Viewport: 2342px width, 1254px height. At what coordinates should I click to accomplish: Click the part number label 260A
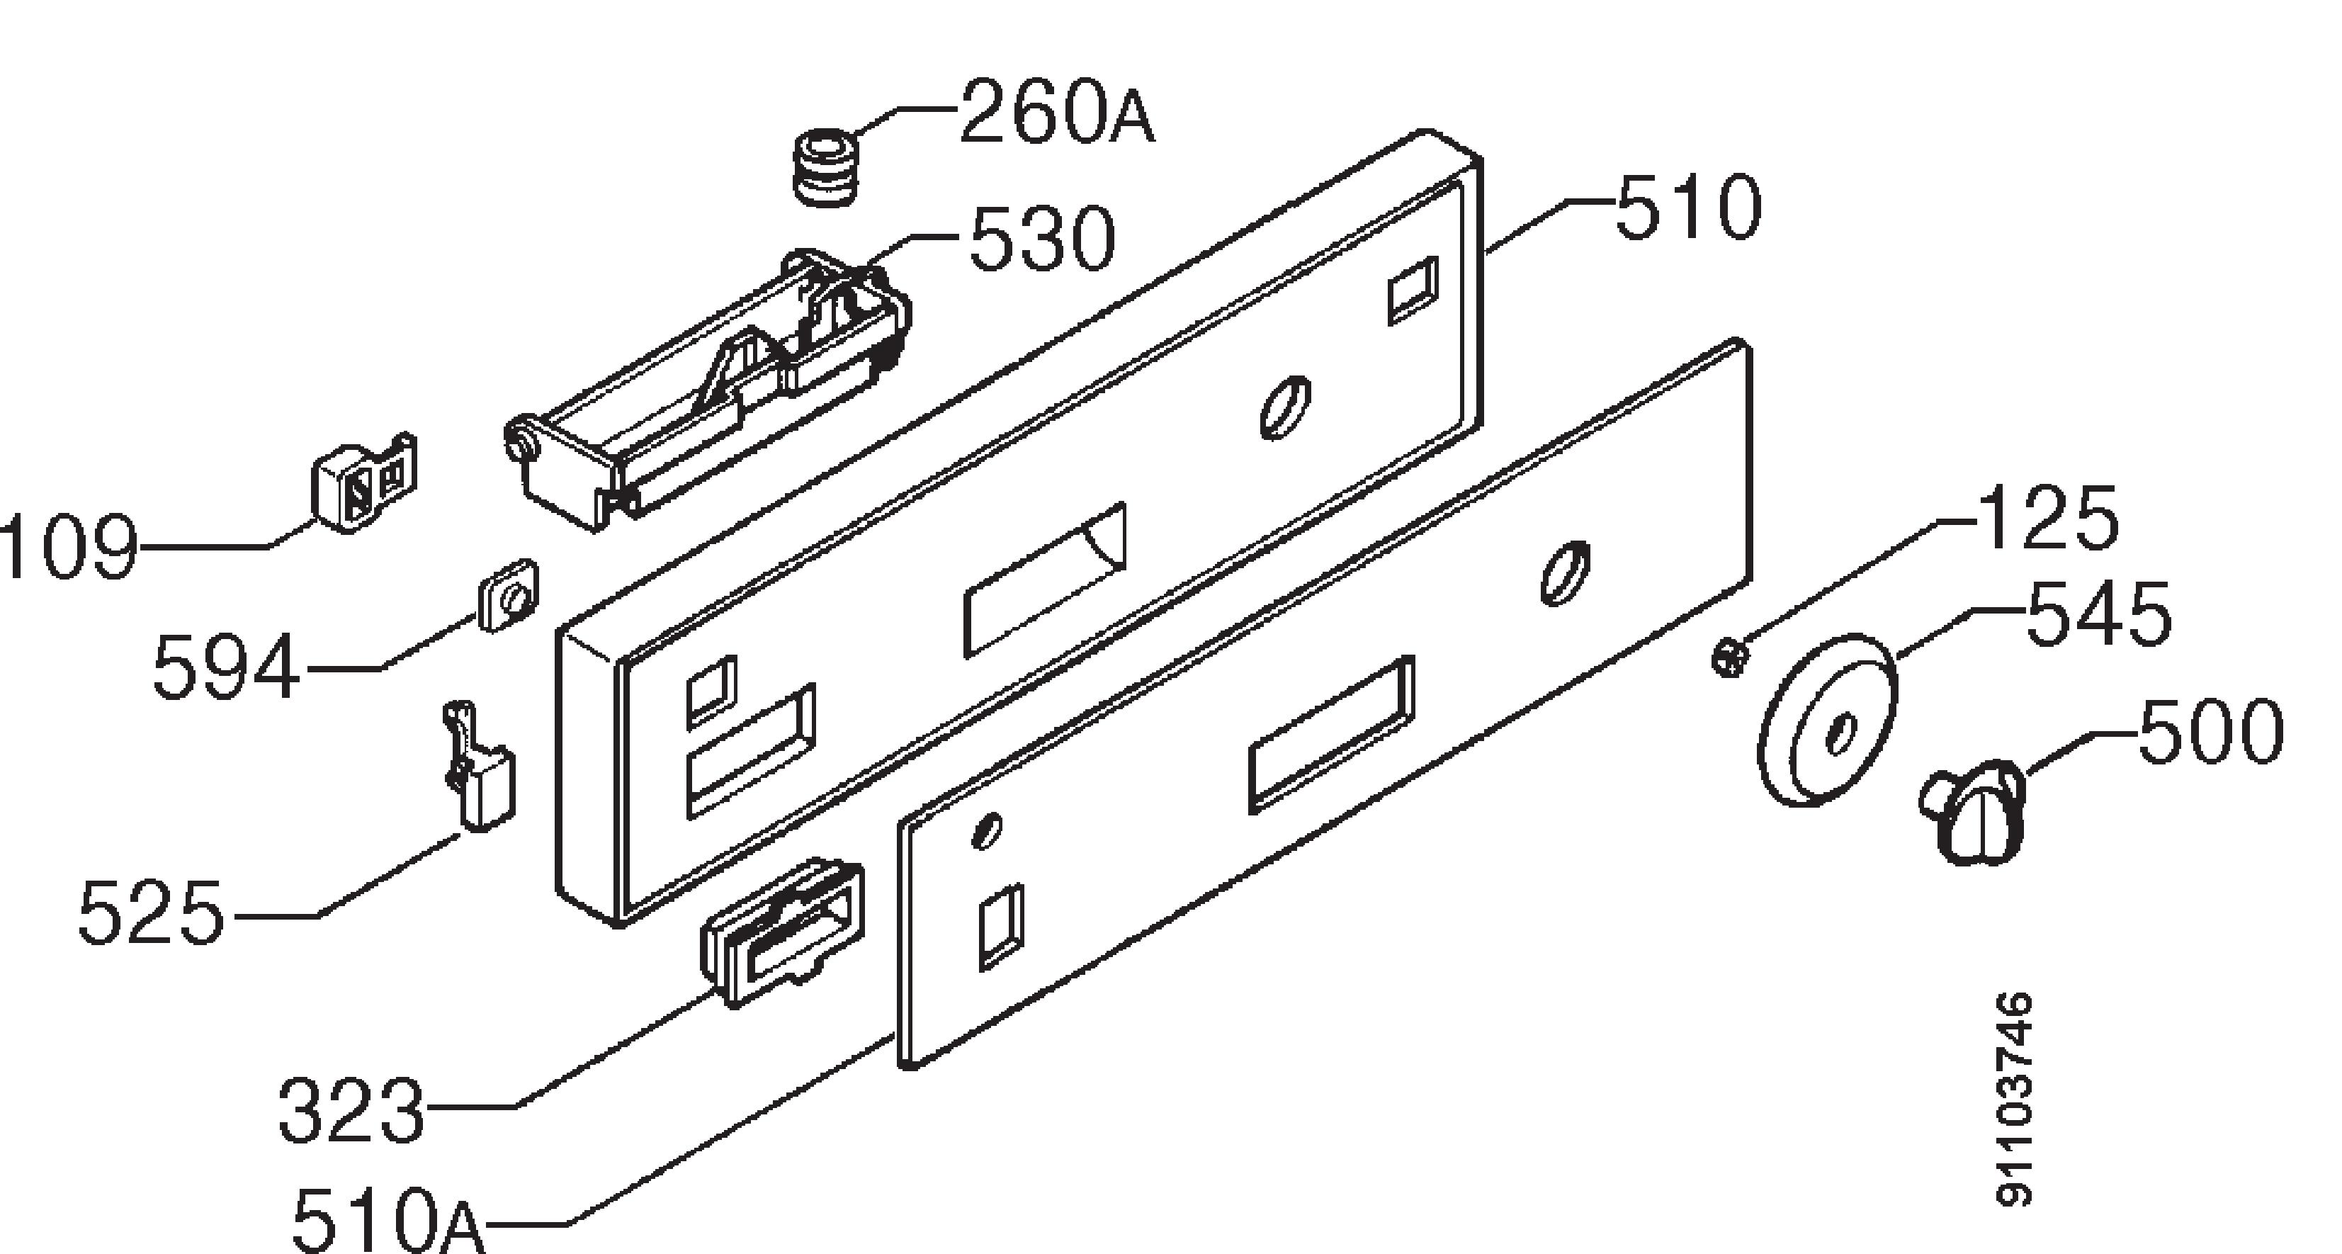tap(1056, 113)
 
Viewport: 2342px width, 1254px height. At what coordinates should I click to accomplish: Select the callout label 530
tap(1042, 239)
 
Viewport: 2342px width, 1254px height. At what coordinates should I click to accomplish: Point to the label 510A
tap(387, 1219)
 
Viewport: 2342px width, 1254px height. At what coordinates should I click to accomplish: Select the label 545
tap(2098, 616)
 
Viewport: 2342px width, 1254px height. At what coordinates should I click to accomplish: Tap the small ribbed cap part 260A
tap(827, 169)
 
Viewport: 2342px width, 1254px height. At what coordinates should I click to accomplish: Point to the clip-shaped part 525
tap(478, 764)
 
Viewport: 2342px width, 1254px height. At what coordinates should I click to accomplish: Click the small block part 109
tap(363, 482)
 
